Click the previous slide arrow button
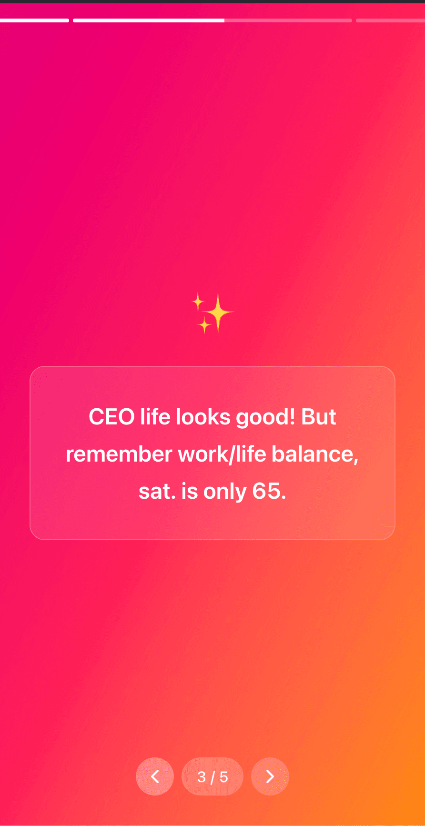tap(155, 776)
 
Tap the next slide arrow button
tap(270, 776)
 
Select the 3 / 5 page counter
tap(212, 776)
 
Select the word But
tap(319, 417)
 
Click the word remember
tap(119, 454)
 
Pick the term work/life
tap(222, 454)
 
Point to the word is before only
tap(190, 492)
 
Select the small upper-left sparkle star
tap(198, 302)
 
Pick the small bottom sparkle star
tap(204, 325)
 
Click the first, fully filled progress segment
tap(34, 20)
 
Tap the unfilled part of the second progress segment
tap(288, 20)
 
